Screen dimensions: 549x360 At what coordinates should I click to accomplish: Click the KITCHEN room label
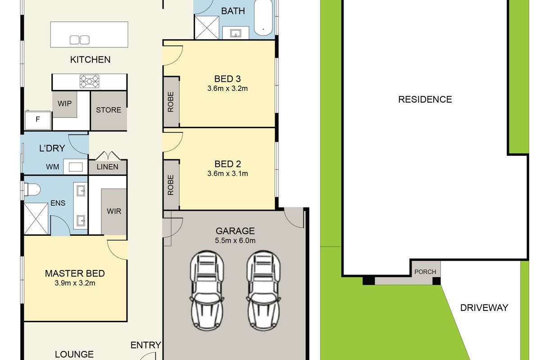(90, 59)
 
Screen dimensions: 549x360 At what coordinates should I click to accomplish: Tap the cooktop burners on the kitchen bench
(90, 81)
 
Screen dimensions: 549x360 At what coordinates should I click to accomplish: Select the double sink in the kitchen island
(80, 40)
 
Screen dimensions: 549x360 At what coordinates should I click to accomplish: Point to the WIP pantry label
(65, 103)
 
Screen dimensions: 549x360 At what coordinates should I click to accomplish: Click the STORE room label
(109, 110)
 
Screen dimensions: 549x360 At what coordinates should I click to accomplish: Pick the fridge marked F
(38, 120)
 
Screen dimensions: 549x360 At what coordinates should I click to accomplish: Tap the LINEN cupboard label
(107, 167)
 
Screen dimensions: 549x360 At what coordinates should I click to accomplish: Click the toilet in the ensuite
(32, 190)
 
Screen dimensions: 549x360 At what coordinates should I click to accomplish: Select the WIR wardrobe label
(114, 211)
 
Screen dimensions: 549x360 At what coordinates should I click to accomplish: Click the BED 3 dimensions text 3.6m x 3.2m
(227, 88)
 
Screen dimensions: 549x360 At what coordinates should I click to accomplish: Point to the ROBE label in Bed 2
(171, 185)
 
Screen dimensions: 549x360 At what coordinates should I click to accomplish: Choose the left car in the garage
(207, 290)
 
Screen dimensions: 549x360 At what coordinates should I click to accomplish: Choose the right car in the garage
(263, 290)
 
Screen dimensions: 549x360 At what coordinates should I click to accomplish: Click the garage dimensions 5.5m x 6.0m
(235, 240)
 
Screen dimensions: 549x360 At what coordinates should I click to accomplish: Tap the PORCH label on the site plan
(425, 272)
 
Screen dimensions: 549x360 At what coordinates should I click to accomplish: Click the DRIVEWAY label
(484, 308)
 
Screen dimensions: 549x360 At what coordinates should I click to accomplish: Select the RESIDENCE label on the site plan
(425, 99)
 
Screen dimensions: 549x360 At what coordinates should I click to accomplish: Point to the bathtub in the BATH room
(263, 18)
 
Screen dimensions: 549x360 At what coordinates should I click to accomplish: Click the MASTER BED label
(75, 273)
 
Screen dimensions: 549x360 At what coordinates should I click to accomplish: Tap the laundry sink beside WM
(76, 167)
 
